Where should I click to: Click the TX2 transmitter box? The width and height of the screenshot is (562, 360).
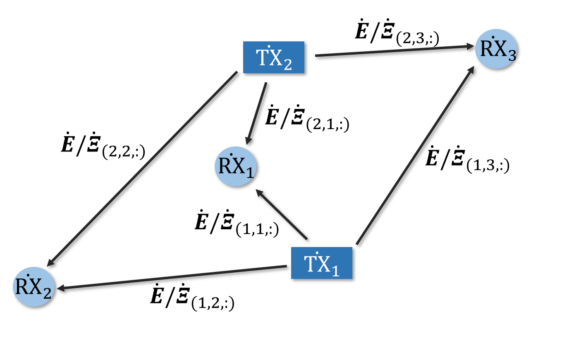point(273,58)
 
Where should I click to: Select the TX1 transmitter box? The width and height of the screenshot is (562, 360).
point(321,263)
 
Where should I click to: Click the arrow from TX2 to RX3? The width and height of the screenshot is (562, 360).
point(393,51)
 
